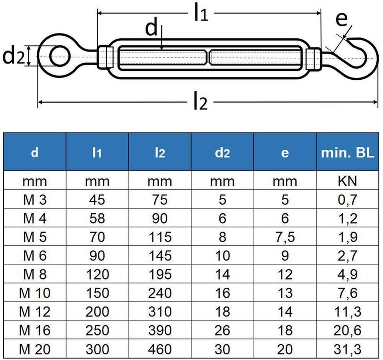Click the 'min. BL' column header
pos(347,153)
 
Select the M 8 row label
pos(34,274)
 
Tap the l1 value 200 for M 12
pos(97,312)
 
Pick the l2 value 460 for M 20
pos(160,349)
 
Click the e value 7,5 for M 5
pos(285,237)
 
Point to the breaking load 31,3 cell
pos(347,349)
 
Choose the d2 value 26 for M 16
pos(222,330)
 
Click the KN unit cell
pos(347,181)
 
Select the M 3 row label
pos(34,200)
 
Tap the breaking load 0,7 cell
pos(347,200)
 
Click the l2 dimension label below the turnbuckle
pos(200,103)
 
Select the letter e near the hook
pos(341,20)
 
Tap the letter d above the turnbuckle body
pos(152,28)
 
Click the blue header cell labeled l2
pos(160,153)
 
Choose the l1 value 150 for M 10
pos(97,293)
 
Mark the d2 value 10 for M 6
pos(222,256)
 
